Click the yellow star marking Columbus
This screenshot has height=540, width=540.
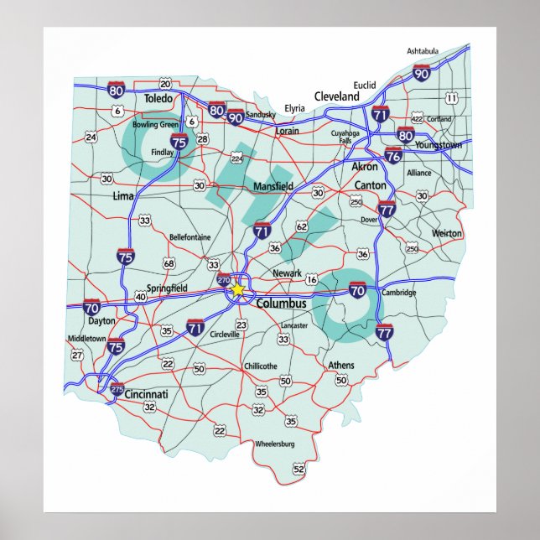coord(238,289)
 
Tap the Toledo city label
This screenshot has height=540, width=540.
coord(158,99)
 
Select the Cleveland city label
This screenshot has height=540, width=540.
coord(336,96)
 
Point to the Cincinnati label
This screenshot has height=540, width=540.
coord(145,393)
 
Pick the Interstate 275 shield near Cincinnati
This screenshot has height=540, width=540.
coord(117,389)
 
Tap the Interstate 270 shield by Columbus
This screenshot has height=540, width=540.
coord(224,280)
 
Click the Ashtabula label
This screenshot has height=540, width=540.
coord(423,51)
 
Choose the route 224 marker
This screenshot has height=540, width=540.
coord(236,158)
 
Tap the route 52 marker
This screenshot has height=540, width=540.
coord(299,470)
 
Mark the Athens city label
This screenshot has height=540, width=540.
coord(341,365)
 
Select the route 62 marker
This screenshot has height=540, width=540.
coord(302,226)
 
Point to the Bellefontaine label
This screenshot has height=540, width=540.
coord(190,237)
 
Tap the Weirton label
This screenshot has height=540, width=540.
coord(446,233)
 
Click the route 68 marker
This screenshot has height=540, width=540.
coord(169,264)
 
